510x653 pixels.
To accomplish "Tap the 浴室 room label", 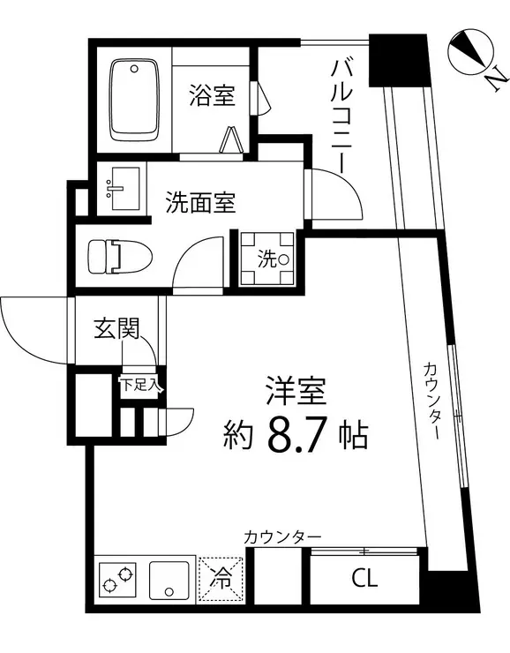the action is [213, 95].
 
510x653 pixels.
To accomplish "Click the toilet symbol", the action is [120, 256].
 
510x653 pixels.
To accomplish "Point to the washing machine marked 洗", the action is [266, 259].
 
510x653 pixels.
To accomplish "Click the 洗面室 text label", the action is [200, 202].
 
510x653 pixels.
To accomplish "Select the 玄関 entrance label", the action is [116, 328].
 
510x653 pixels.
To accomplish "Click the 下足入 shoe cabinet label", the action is [140, 385].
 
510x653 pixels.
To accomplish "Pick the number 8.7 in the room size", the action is [296, 435].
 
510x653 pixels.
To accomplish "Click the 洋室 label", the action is [296, 391].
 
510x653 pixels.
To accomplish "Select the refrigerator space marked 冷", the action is [221, 579].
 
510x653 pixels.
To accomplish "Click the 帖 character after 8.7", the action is [353, 436].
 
